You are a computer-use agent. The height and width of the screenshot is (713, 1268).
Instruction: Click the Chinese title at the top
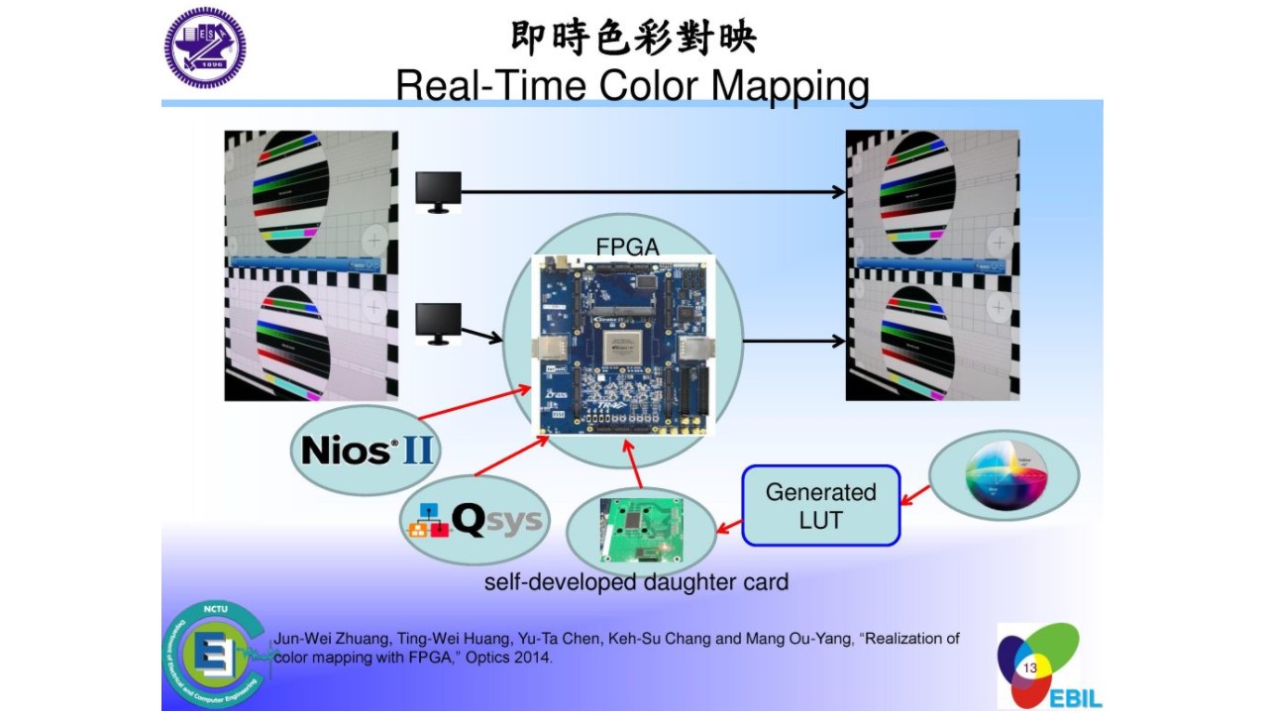(633, 38)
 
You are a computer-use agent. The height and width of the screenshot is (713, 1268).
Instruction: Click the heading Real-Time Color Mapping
(632, 86)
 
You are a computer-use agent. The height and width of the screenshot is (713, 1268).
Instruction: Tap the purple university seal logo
(205, 48)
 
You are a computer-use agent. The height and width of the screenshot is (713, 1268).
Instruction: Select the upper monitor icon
(438, 191)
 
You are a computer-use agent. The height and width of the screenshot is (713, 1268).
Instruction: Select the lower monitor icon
(438, 323)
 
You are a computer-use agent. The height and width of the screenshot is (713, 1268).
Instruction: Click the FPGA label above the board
(627, 247)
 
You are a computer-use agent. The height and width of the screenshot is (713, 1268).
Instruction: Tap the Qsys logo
(475, 519)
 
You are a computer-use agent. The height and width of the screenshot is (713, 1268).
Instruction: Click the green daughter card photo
(641, 531)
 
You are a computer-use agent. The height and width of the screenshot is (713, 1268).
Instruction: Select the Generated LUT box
(821, 505)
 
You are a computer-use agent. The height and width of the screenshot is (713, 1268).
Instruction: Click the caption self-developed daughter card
(636, 582)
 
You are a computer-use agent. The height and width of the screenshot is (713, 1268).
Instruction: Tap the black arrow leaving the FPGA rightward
(793, 342)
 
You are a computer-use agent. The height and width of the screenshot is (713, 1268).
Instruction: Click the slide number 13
(1029, 668)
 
